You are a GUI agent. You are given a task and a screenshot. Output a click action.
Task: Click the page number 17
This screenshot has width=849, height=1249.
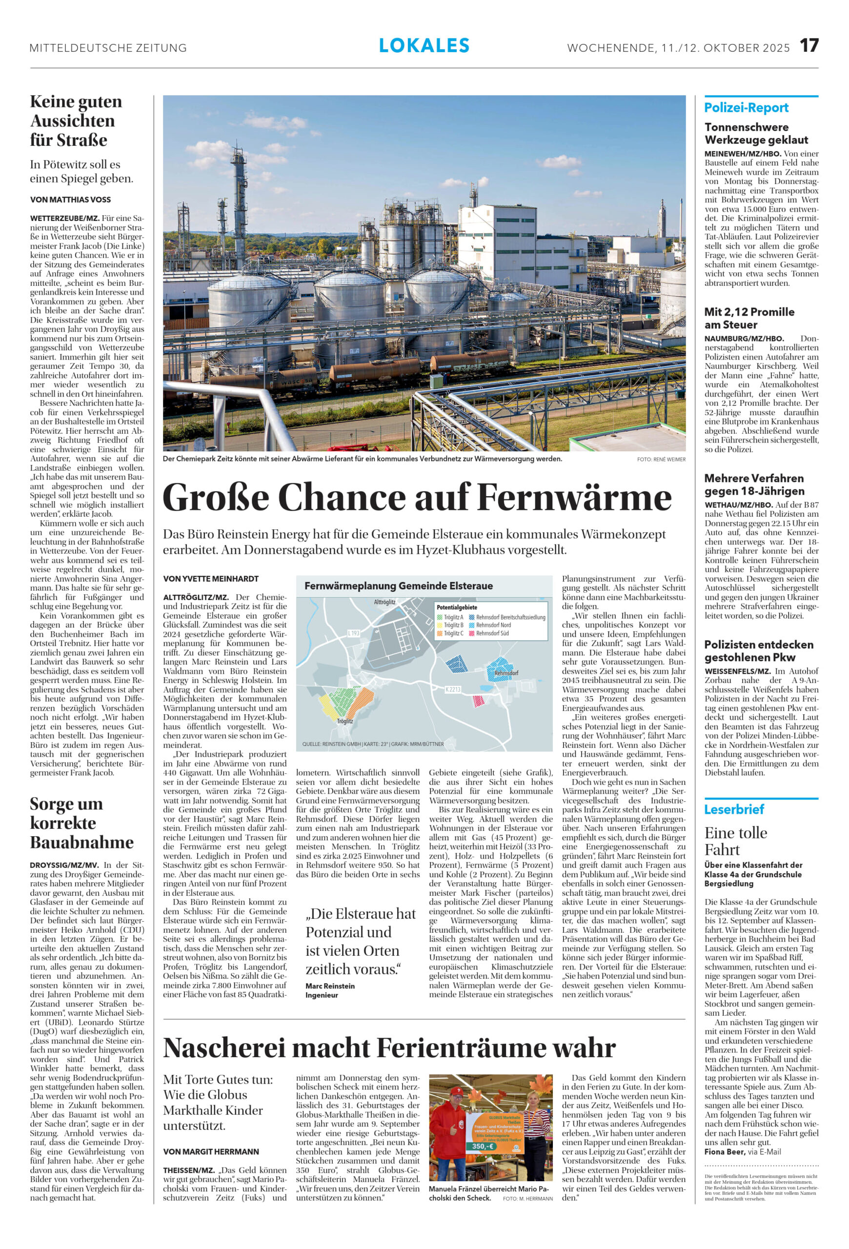809,46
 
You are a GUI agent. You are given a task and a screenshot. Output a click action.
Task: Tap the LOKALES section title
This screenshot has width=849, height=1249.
424,46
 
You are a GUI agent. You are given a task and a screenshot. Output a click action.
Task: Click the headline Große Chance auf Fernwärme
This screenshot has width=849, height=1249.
417,497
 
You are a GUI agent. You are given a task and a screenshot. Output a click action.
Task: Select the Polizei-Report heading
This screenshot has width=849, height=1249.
747,107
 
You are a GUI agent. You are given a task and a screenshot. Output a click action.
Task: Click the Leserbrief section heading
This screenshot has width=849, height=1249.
734,809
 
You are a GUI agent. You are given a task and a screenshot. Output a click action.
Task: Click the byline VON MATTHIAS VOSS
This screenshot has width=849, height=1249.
70,200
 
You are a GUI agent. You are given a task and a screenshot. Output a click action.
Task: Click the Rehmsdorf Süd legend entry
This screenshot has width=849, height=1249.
492,633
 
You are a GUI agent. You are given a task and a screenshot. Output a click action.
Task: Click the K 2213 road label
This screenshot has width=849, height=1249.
453,689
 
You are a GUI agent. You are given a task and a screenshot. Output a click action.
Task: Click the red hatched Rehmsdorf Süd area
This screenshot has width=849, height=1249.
478,701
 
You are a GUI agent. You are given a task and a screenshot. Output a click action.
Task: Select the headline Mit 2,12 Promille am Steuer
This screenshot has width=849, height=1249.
749,318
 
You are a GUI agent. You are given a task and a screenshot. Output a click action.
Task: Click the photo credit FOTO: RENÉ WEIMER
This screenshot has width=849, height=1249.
661,460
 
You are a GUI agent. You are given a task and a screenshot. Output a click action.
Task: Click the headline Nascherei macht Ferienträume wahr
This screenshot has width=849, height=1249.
389,1048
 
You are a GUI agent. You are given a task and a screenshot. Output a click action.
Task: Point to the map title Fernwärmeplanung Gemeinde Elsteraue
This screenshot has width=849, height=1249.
398,586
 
